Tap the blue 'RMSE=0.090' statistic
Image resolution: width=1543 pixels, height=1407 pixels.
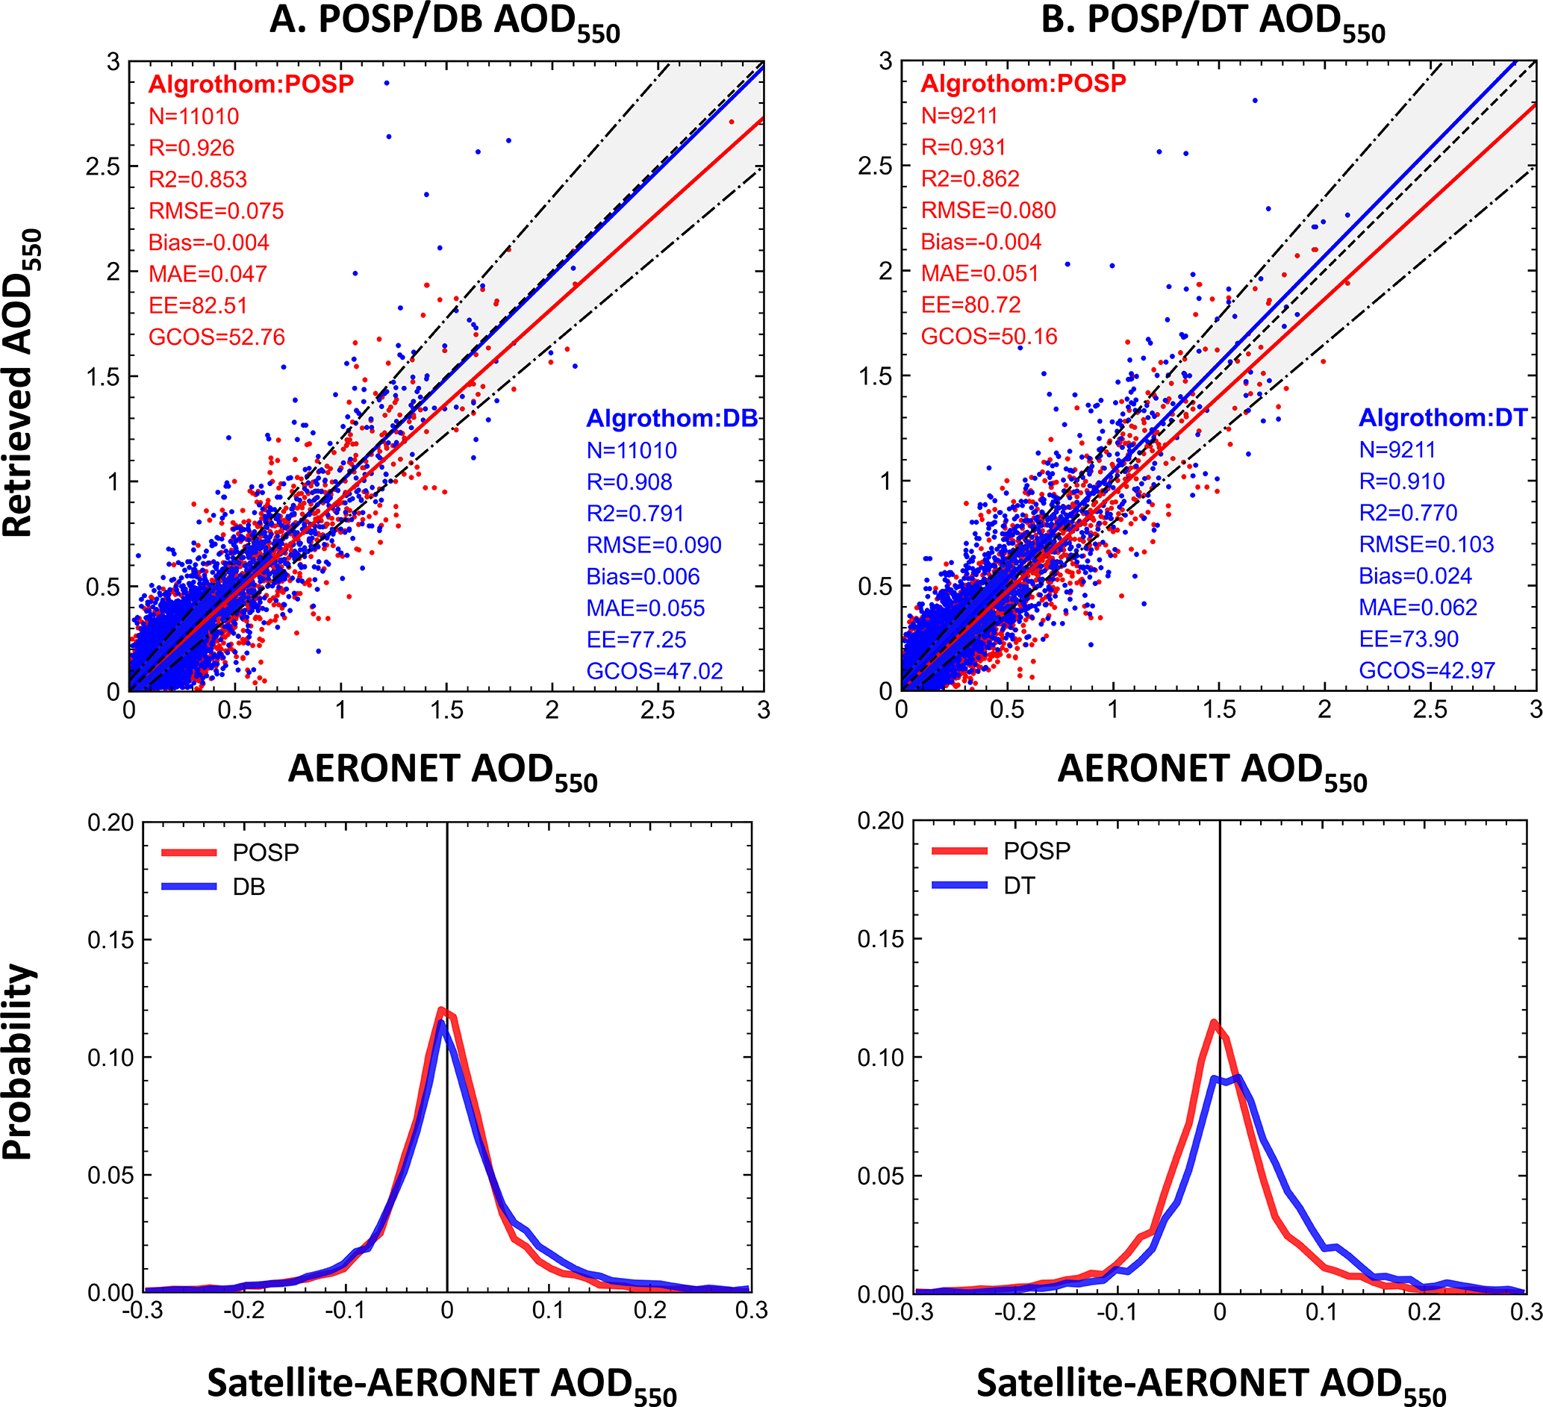pyautogui.click(x=654, y=545)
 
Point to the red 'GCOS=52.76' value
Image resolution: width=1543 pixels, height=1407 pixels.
pyautogui.click(x=216, y=337)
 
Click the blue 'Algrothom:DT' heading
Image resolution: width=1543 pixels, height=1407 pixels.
pyautogui.click(x=1443, y=417)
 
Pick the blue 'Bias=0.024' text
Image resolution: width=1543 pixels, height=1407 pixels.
pyautogui.click(x=1415, y=575)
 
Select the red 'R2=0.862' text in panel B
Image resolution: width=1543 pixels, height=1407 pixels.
pyautogui.click(x=970, y=178)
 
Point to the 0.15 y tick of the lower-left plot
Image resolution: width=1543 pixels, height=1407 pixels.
pyautogui.click(x=110, y=940)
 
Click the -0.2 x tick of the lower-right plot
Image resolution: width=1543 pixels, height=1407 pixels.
pyautogui.click(x=1015, y=1312)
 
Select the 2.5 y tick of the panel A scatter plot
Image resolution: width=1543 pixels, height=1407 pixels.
pyautogui.click(x=103, y=166)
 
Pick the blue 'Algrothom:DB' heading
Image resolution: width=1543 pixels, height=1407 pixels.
pyautogui.click(x=671, y=418)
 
